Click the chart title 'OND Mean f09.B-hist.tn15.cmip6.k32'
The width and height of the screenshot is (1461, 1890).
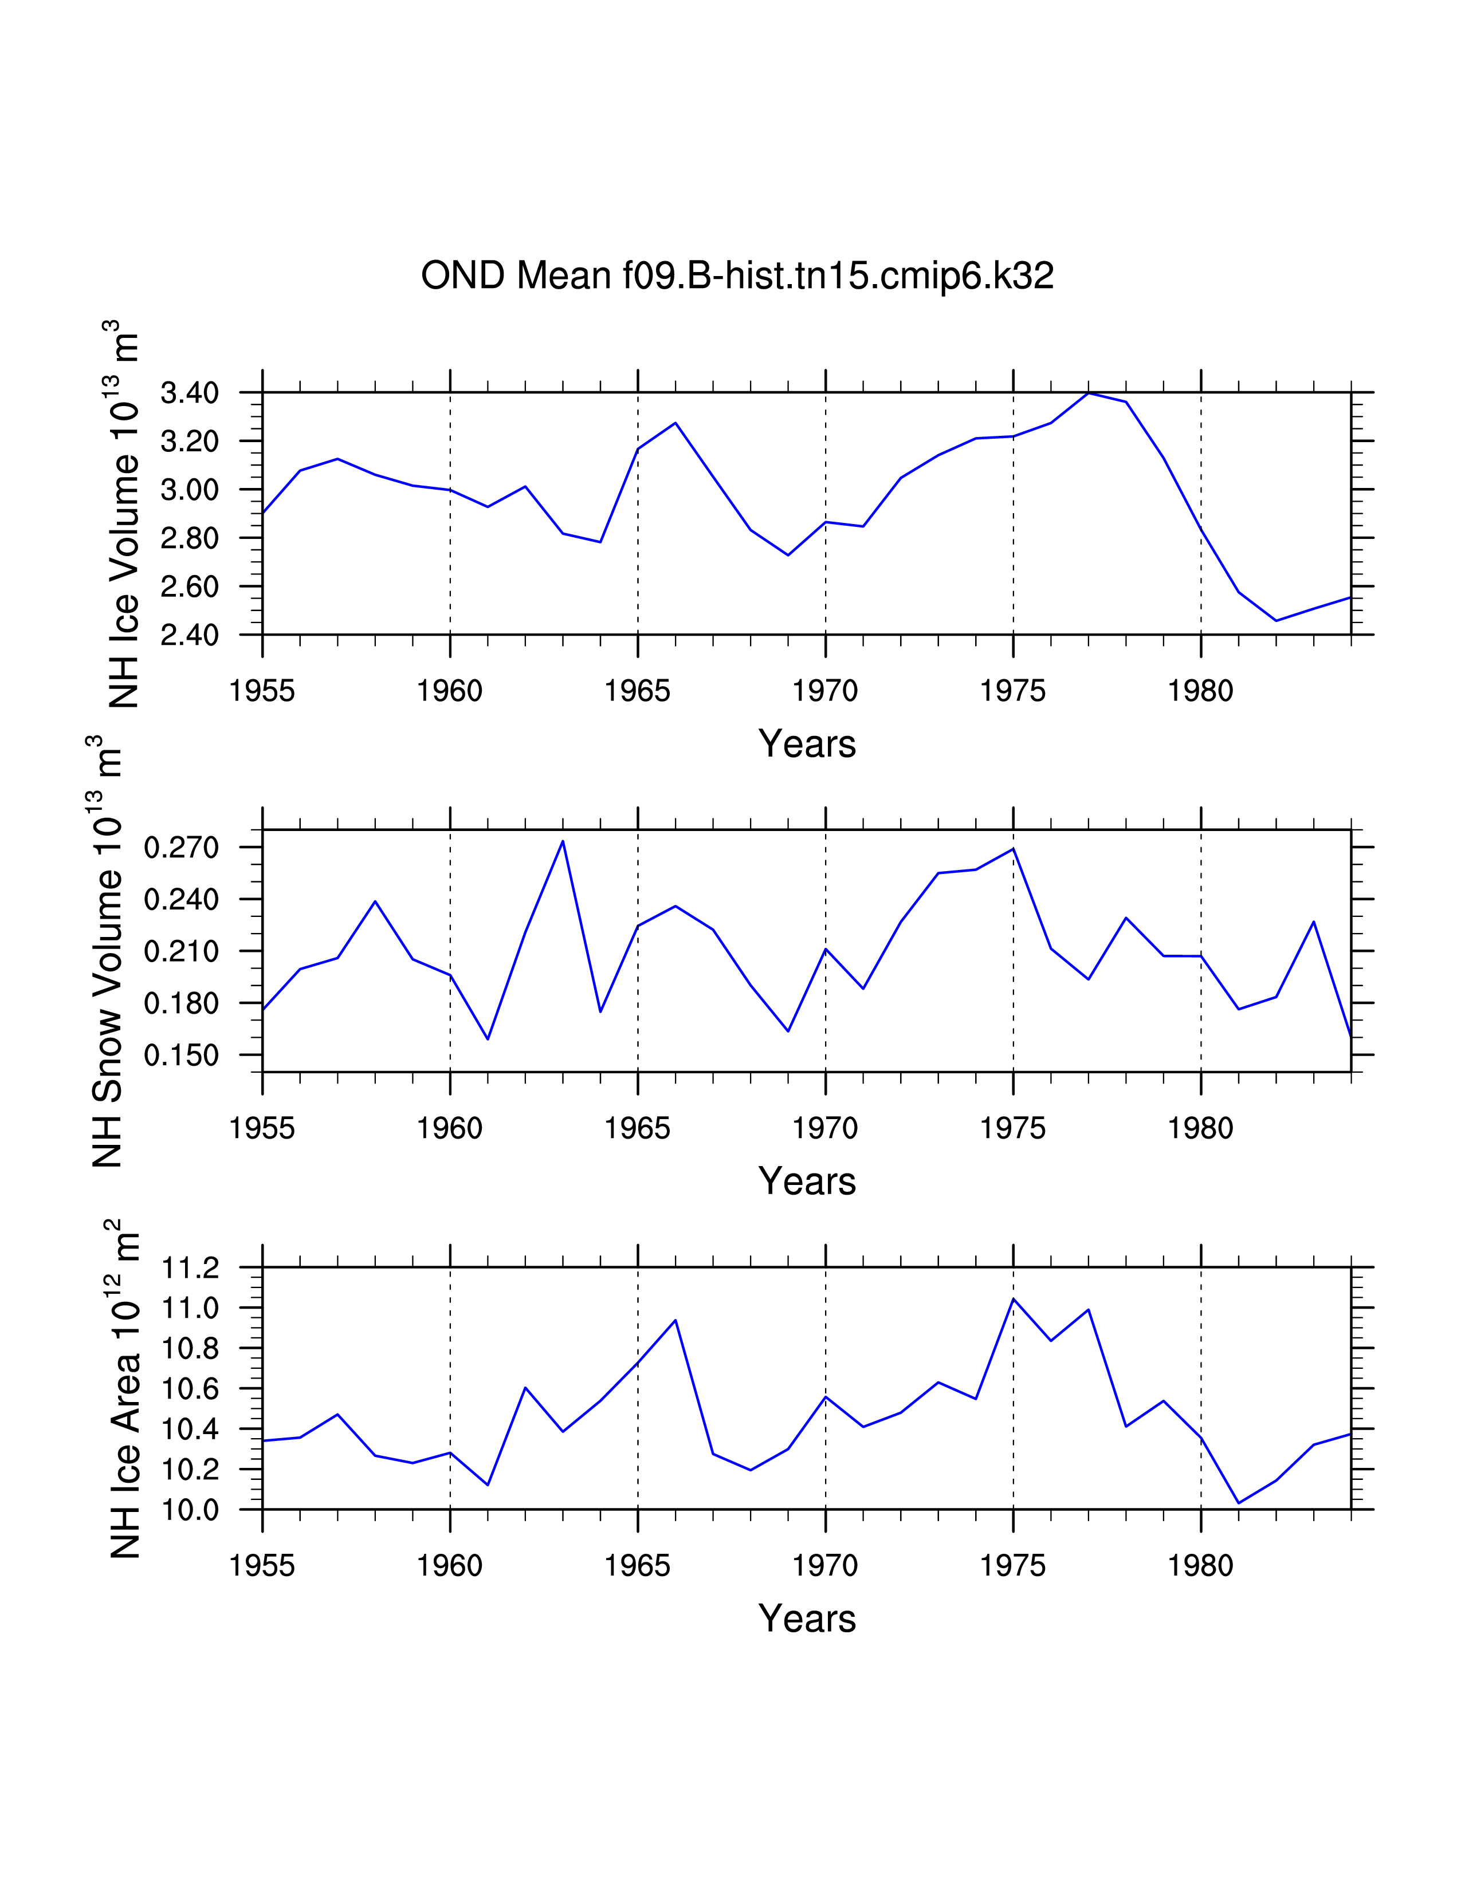point(737,276)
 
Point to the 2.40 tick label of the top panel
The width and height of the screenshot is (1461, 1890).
point(190,635)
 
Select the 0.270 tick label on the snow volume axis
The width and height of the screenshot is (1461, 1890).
point(182,847)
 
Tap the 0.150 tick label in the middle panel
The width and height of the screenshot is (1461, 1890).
point(182,1056)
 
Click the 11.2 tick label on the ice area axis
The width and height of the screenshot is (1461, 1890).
point(190,1269)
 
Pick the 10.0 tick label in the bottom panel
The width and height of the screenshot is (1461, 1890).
point(190,1510)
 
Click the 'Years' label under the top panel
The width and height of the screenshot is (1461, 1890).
point(807,744)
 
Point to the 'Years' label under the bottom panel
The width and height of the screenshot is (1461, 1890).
point(807,1619)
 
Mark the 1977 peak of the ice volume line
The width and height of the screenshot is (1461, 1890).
point(1088,393)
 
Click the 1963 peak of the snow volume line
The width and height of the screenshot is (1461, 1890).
point(563,841)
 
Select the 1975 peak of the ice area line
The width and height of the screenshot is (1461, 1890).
point(1014,1299)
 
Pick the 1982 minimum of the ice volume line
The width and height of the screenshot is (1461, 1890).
point(1276,620)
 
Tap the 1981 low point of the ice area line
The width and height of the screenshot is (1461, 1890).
point(1239,1503)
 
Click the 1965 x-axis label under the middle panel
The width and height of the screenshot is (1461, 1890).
point(637,1128)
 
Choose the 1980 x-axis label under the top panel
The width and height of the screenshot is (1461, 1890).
point(1200,691)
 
